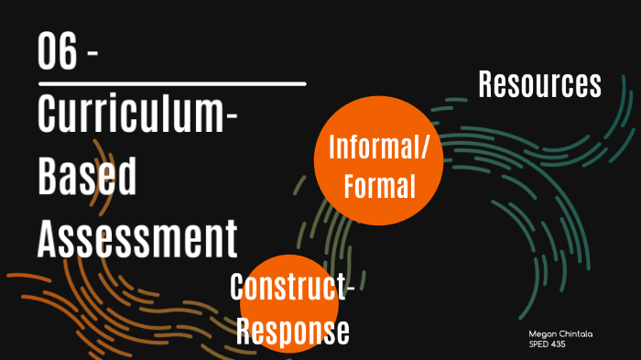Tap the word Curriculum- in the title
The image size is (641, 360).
[138, 115]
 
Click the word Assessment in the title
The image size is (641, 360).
[137, 237]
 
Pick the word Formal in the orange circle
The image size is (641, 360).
[379, 187]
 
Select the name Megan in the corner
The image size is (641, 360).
[540, 335]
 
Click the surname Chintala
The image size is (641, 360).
[574, 335]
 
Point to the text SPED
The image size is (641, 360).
[538, 344]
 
